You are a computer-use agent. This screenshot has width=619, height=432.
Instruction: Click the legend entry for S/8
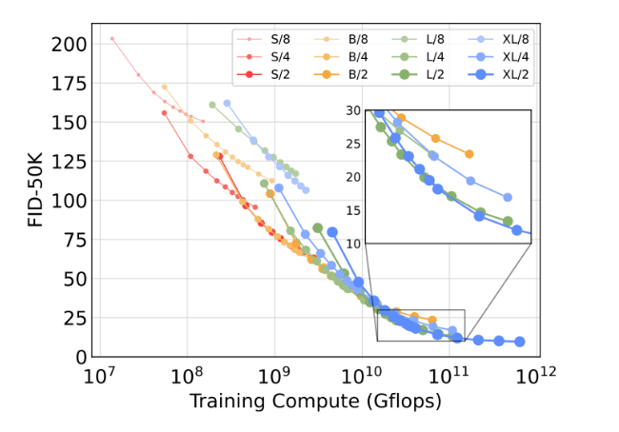pos(269,39)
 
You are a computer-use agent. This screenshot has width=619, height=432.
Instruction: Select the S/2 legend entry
pos(269,72)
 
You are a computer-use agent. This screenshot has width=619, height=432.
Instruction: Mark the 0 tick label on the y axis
pos(78,357)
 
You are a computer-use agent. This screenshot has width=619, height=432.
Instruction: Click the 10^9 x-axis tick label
pos(274,378)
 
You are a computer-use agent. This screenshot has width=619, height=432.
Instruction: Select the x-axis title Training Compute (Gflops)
pos(315,402)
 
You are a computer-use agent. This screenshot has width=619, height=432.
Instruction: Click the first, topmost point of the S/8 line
pos(111,39)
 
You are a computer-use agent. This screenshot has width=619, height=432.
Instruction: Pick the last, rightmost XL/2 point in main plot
pos(520,342)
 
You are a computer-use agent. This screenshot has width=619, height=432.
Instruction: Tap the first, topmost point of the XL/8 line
pos(227,103)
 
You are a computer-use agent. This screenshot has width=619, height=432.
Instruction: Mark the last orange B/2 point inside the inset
pos(469,154)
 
